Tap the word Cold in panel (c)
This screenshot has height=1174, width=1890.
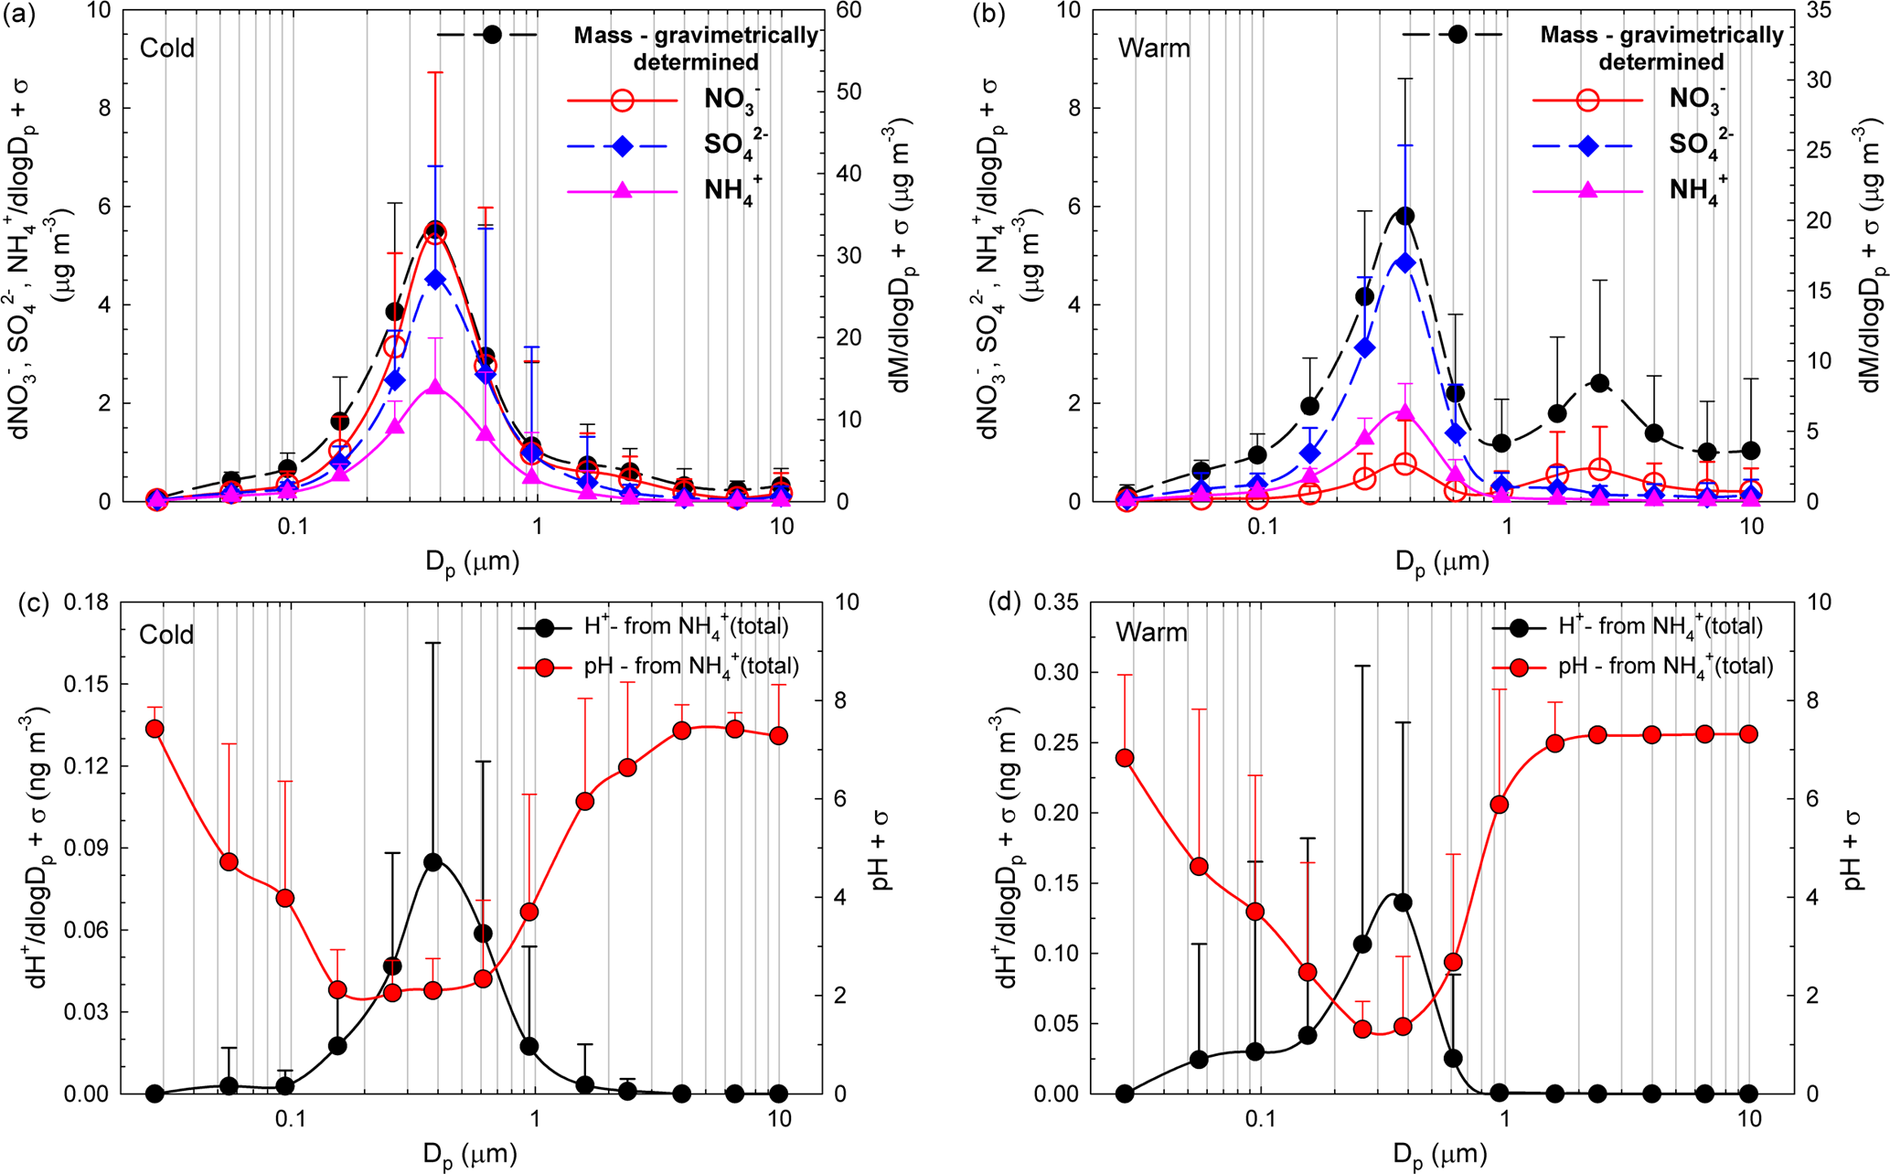click(166, 634)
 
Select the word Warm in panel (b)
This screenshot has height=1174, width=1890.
click(1154, 48)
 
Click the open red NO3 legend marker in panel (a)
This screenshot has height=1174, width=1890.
click(622, 100)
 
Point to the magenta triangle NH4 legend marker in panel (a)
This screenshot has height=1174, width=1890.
click(622, 191)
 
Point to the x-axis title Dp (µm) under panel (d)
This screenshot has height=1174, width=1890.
click(1441, 1152)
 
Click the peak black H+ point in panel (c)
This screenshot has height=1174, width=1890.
click(433, 862)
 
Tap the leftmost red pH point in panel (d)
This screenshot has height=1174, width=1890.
click(1126, 758)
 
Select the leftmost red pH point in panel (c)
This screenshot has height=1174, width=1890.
click(155, 729)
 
